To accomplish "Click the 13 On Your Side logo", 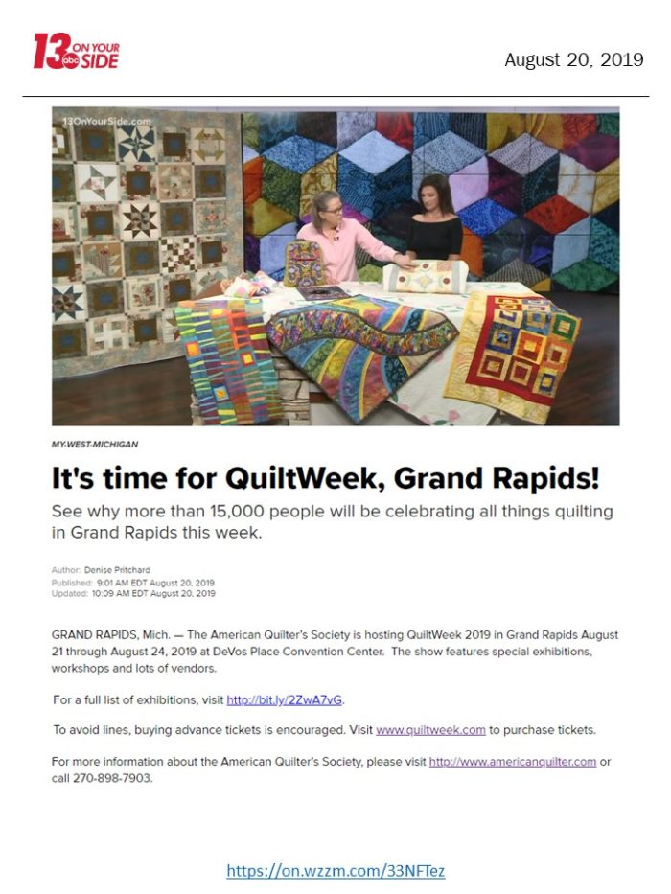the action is [76, 52].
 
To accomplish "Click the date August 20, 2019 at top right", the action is [573, 59].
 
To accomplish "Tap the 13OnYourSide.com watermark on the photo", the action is [106, 121].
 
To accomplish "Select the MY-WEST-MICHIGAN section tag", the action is [95, 445].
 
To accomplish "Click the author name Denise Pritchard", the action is [117, 569].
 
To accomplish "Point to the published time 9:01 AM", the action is [114, 583].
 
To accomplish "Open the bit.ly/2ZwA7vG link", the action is [285, 700].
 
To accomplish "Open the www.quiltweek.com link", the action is [430, 730].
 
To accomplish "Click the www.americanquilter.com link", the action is [513, 762].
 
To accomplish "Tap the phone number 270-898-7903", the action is [112, 778].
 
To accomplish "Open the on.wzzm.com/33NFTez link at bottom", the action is [335, 871].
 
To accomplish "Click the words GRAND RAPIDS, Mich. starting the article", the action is [110, 635].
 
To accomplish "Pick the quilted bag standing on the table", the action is [305, 263].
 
